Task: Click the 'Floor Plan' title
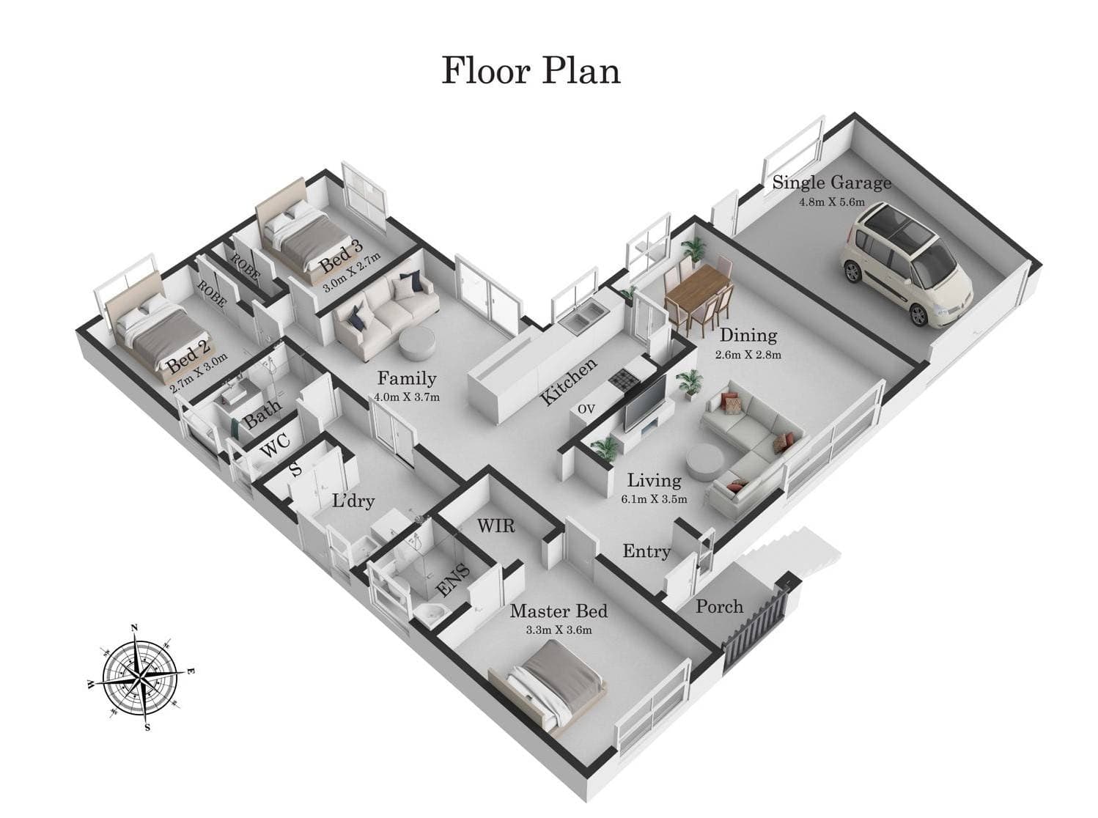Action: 530,71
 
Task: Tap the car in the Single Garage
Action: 905,264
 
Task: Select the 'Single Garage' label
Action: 831,183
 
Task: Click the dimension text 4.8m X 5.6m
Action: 832,202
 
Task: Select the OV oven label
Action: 586,410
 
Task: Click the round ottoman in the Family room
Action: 417,343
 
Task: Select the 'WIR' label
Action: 496,526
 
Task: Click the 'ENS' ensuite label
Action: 453,581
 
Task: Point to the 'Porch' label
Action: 719,607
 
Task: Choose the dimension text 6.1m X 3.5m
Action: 654,499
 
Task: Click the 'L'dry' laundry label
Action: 353,501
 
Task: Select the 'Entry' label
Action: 646,550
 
